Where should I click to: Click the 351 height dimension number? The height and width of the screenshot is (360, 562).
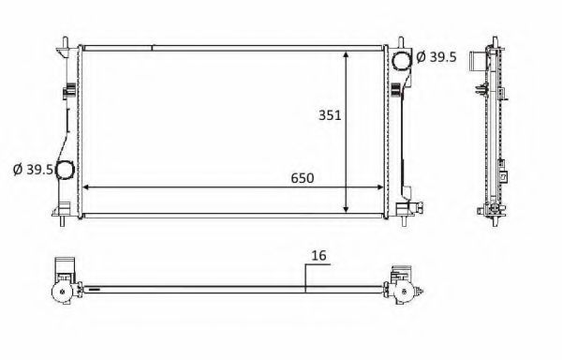click(x=330, y=115)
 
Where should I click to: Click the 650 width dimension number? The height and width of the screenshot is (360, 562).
click(x=303, y=178)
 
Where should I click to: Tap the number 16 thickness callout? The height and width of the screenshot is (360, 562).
click(x=318, y=255)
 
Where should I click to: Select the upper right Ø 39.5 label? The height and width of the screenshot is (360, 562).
click(x=436, y=56)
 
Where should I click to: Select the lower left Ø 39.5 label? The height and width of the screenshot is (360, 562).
click(x=33, y=170)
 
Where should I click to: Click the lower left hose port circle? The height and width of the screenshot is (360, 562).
click(x=65, y=170)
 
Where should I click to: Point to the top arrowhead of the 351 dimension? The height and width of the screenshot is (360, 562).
click(x=346, y=55)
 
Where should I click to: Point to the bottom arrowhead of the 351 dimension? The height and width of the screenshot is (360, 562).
click(x=346, y=209)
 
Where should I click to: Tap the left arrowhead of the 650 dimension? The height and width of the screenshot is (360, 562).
click(x=86, y=187)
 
